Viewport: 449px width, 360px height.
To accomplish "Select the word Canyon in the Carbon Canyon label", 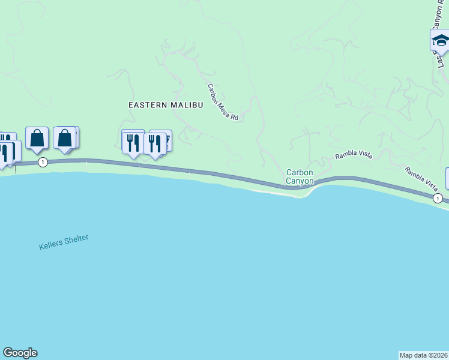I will click(x=300, y=181).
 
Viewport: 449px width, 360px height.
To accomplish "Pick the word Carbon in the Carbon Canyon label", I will click(x=300, y=172).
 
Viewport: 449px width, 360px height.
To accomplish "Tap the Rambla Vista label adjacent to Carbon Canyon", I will click(x=354, y=154).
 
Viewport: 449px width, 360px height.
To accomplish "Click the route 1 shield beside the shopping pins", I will click(x=43, y=162).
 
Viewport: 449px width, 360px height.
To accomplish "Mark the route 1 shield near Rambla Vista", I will click(x=438, y=198).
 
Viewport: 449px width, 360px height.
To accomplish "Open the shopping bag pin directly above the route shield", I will click(x=37, y=139).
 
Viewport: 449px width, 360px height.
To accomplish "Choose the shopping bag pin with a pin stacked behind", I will click(x=65, y=138).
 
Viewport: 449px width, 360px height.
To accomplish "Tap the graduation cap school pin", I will click(x=440, y=41).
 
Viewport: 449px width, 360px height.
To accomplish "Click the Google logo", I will click(x=20, y=353).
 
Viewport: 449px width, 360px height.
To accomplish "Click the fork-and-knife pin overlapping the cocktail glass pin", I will click(x=155, y=144).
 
